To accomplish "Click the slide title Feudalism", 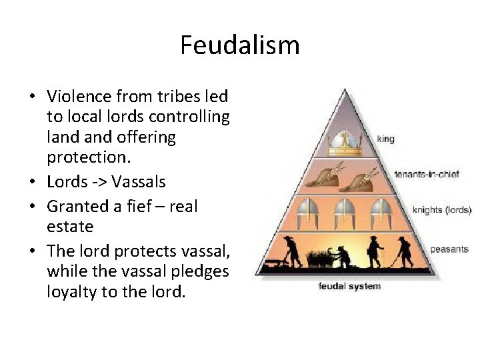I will (240, 45).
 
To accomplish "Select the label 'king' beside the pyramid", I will (385, 139).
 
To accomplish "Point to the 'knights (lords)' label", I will (441, 210).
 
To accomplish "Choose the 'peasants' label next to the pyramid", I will (449, 249).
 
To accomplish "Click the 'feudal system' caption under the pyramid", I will (349, 287).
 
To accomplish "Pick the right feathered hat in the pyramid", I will (365, 176).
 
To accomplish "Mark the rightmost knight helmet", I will (381, 211).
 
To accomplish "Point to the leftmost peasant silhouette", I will (291, 250).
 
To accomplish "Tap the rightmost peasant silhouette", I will (403, 251).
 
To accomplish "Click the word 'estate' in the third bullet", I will (70, 227).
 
